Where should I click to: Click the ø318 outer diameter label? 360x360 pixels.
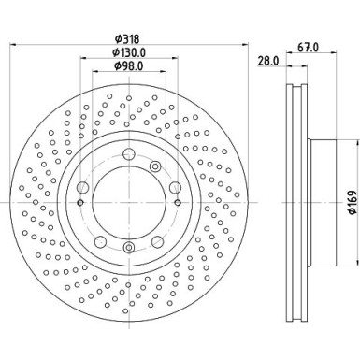[129, 40]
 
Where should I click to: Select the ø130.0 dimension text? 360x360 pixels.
[129, 53]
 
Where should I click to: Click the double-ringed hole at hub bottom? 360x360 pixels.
[128, 247]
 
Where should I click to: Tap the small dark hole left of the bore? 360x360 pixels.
[82, 202]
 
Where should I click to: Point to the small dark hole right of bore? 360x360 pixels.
[174, 202]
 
